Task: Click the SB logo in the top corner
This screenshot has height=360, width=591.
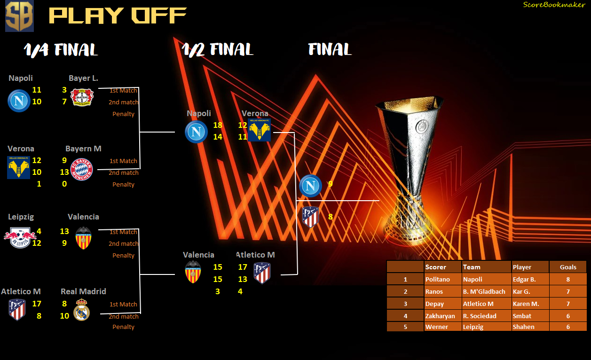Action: (x=20, y=16)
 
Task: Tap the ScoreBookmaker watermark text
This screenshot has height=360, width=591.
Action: (x=554, y=5)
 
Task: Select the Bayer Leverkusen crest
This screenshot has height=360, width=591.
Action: (x=82, y=97)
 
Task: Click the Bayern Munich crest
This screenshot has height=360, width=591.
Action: (x=82, y=169)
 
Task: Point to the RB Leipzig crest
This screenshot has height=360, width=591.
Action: (x=20, y=237)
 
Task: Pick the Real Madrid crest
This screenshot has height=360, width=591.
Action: (x=81, y=310)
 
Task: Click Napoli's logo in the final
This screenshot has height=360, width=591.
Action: (x=310, y=186)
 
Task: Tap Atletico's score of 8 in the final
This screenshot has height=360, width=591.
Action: (x=331, y=217)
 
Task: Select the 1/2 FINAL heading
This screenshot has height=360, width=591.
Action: (x=218, y=50)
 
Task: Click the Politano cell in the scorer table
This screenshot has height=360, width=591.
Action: (x=443, y=279)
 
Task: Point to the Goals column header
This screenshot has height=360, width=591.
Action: (x=568, y=267)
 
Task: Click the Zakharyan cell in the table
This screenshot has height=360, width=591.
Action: (x=443, y=316)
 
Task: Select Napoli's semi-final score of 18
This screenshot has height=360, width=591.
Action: (x=218, y=125)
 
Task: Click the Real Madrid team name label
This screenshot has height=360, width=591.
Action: (x=83, y=291)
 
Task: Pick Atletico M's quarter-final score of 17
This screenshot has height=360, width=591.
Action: (x=37, y=304)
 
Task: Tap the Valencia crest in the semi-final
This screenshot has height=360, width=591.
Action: (x=193, y=272)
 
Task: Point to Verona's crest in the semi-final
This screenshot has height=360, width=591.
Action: (x=259, y=130)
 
